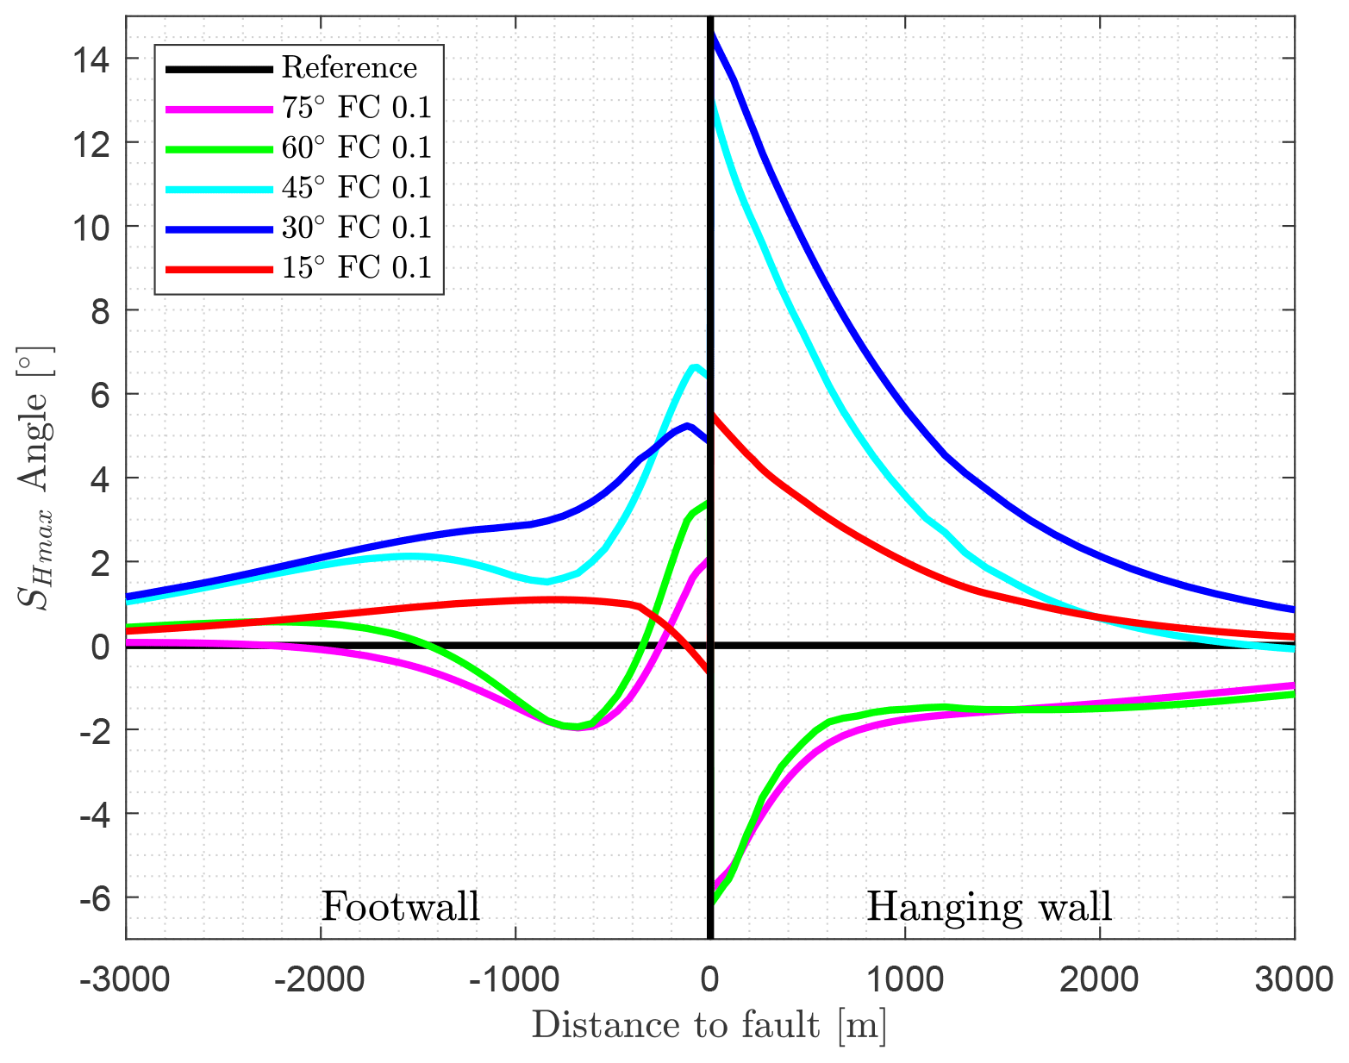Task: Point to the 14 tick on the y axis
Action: pos(96,59)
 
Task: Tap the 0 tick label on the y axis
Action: pos(102,646)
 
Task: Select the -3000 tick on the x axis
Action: pos(126,980)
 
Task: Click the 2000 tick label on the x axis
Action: pos(1099,980)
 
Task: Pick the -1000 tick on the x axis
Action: pos(515,980)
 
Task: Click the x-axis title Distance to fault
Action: pos(709,1026)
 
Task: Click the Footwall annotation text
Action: pos(400,907)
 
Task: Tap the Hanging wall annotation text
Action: pos(989,907)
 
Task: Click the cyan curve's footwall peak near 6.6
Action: pos(694,367)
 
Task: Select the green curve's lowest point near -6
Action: pos(713,901)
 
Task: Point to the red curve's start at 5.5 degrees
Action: pos(714,416)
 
